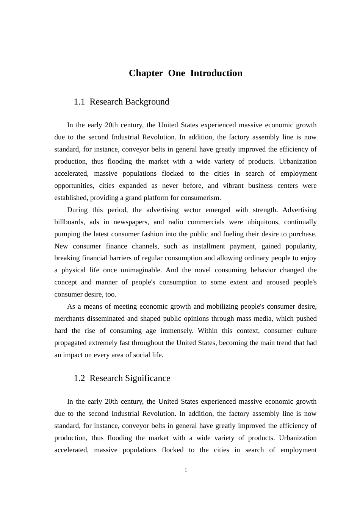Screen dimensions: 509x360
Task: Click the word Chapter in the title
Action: (146, 73)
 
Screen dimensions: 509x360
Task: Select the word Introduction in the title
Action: (216, 73)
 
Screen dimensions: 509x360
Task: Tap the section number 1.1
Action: (79, 102)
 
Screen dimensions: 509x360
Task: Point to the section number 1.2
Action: (79, 378)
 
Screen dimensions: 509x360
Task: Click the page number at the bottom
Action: (186, 470)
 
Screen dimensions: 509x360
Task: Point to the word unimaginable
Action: (141, 270)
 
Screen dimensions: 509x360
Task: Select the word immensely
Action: (177, 331)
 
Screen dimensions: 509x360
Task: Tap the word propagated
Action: (70, 343)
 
